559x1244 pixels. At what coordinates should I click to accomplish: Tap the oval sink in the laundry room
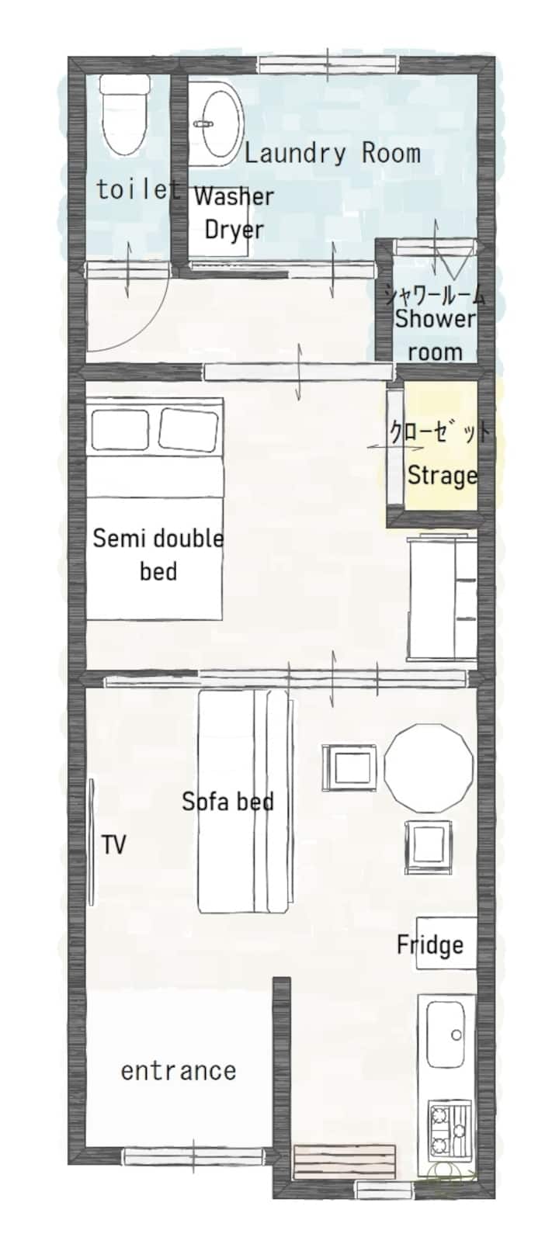pyautogui.click(x=222, y=123)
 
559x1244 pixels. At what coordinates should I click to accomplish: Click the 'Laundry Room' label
pyautogui.click(x=332, y=154)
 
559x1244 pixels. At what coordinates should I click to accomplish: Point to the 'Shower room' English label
pyautogui.click(x=435, y=335)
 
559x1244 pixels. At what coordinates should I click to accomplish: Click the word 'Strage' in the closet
pyautogui.click(x=443, y=476)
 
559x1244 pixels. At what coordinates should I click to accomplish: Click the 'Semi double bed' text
pyautogui.click(x=158, y=555)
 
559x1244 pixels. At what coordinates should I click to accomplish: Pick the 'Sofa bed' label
pyautogui.click(x=227, y=801)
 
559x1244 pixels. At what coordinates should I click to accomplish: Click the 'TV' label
pyautogui.click(x=113, y=844)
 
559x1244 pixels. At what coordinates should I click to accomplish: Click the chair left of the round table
pyautogui.click(x=349, y=768)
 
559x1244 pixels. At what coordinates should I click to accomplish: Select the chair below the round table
pyautogui.click(x=429, y=847)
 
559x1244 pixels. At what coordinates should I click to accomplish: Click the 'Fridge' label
pyautogui.click(x=430, y=944)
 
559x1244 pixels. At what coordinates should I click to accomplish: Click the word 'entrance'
pyautogui.click(x=179, y=1071)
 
